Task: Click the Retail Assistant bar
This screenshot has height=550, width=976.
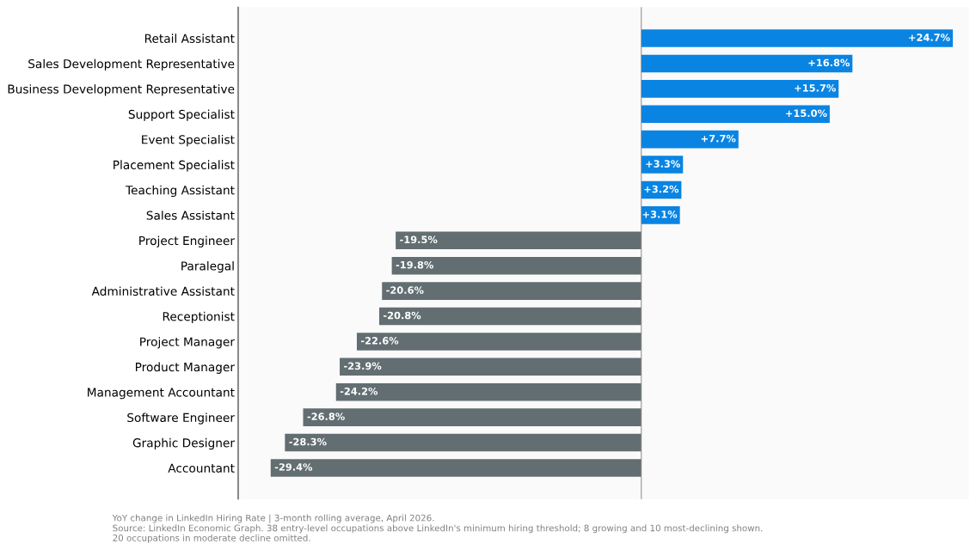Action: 797,38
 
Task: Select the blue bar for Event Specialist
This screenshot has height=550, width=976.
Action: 690,139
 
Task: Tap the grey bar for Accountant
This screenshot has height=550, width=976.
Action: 456,467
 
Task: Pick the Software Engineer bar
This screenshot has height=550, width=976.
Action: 472,418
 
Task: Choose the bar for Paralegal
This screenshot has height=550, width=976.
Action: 516,266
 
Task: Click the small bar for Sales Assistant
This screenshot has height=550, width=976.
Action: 660,215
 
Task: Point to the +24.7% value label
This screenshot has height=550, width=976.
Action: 929,38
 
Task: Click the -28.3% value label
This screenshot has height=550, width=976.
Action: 308,443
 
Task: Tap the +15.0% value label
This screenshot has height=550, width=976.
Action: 806,113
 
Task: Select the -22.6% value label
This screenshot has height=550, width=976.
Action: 380,341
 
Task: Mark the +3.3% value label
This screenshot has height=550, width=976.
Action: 663,164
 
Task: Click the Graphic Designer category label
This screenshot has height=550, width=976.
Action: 184,443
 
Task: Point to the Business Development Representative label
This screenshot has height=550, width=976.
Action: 120,89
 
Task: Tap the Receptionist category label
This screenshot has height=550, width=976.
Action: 199,317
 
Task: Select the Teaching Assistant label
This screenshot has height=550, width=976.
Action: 180,191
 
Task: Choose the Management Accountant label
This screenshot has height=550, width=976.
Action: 161,393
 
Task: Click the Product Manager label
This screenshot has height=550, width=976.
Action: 185,367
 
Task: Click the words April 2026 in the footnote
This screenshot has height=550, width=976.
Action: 409,518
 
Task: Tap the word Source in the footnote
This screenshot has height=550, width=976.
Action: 127,529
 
